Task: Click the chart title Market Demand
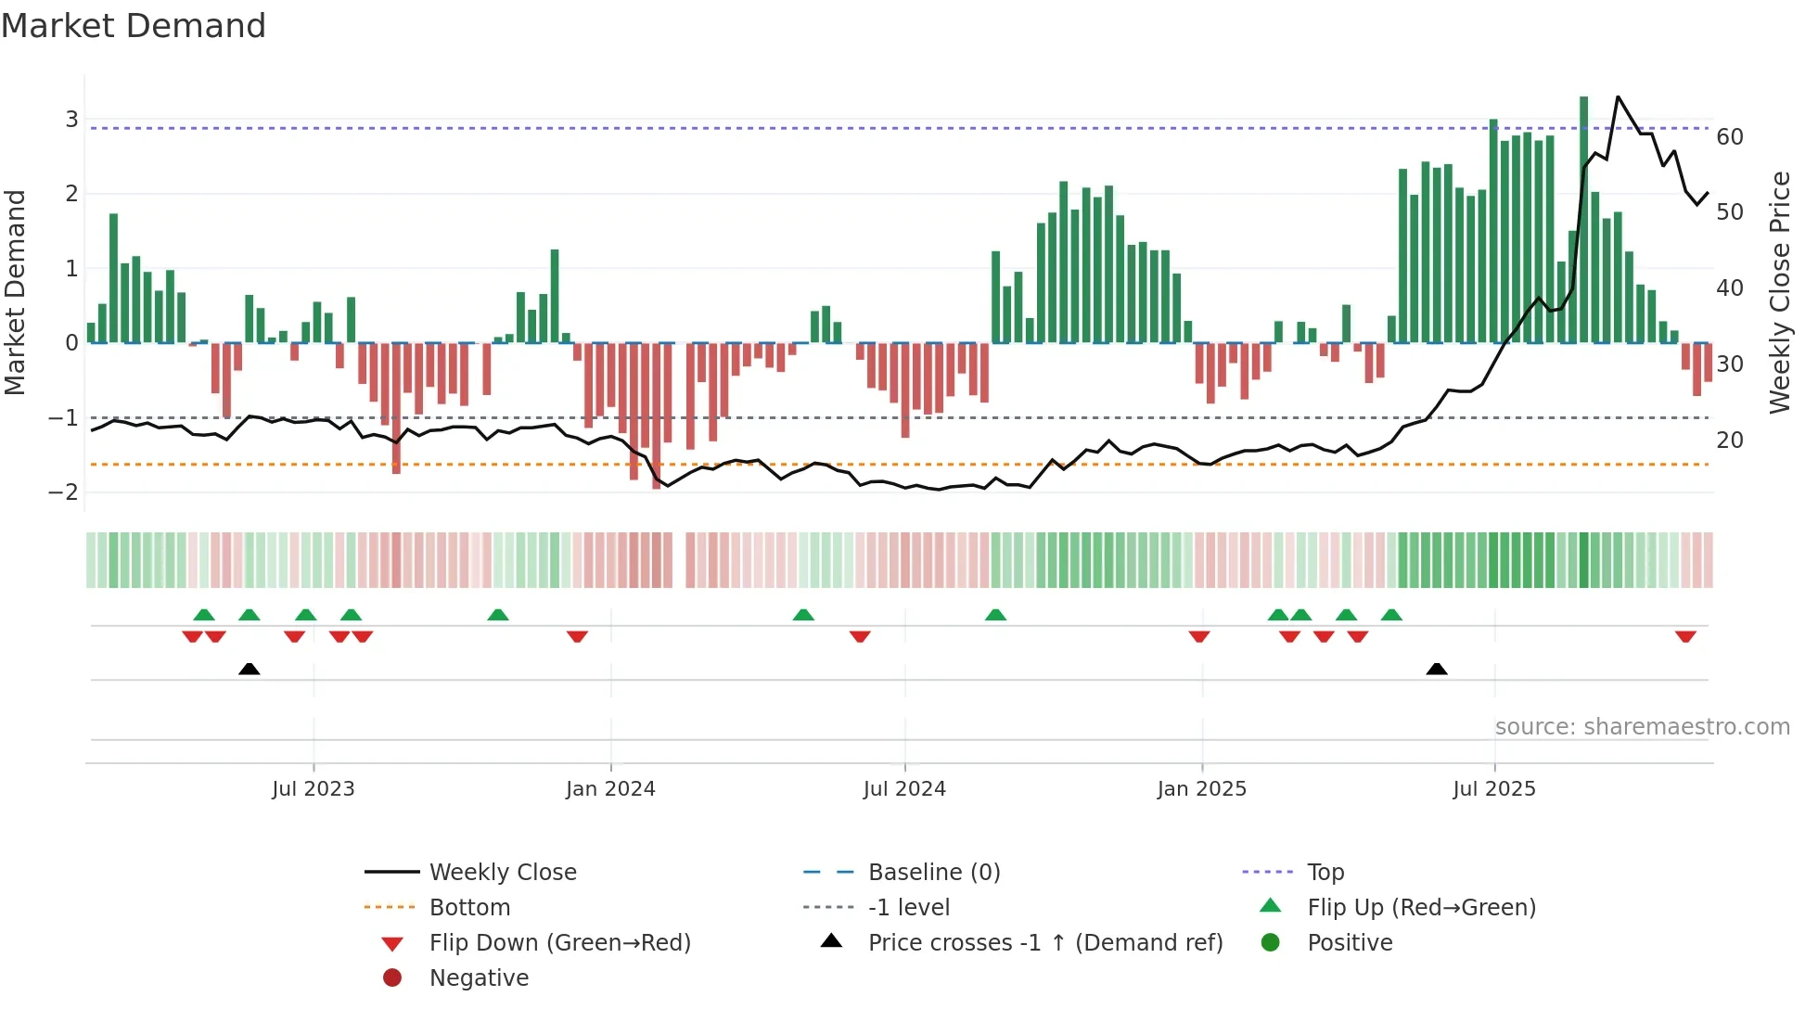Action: (134, 26)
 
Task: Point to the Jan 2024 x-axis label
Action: (610, 788)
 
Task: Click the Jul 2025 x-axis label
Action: (1494, 788)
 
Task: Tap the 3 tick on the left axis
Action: (71, 119)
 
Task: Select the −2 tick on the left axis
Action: (64, 492)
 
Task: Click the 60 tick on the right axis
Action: (1730, 137)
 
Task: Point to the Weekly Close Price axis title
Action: (1779, 292)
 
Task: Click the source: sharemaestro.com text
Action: (1642, 726)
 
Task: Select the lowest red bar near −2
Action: (657, 417)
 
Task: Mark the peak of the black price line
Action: (1618, 97)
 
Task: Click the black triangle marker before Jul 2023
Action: (249, 669)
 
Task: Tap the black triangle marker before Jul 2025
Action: (1437, 669)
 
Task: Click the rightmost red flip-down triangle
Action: (1685, 636)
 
